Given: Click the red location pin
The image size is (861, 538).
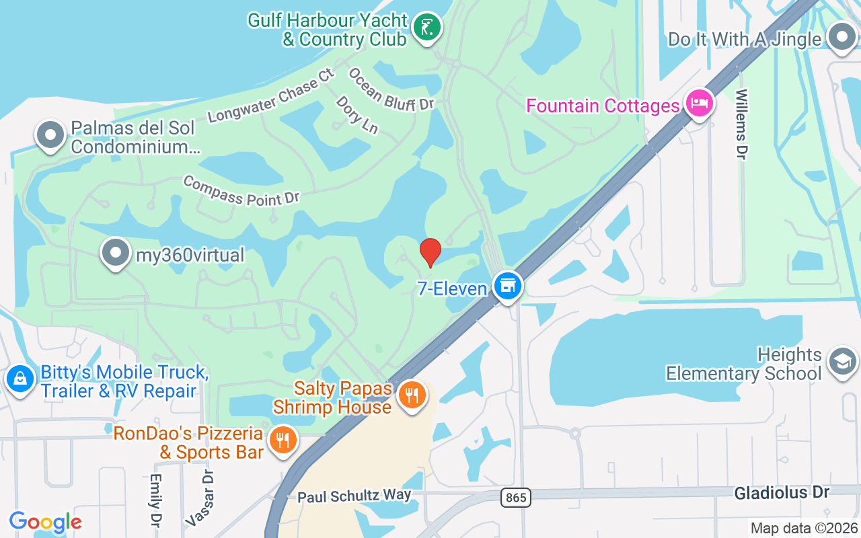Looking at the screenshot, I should (430, 253).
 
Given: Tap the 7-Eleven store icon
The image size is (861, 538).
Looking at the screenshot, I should (508, 286).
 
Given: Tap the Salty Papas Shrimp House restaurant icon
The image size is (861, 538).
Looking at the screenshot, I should (410, 395).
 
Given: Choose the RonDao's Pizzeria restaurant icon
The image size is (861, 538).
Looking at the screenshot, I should (283, 440).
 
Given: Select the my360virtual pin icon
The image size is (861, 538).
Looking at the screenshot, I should (116, 254).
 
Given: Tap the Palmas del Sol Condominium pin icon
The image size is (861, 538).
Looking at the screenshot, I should (50, 135).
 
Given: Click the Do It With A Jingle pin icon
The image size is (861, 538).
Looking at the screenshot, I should (841, 37).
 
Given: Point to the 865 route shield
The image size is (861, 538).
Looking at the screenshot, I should (516, 498).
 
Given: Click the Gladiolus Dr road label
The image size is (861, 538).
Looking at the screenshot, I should (782, 493).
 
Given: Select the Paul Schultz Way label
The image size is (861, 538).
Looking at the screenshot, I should (354, 496).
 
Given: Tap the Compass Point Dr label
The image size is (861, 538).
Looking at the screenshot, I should (240, 191).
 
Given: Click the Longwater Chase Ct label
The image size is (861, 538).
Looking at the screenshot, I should (271, 95).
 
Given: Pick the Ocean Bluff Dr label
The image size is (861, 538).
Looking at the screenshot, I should (391, 88).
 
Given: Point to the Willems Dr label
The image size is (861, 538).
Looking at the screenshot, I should (742, 124).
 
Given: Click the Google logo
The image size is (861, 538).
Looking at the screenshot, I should (46, 522).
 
